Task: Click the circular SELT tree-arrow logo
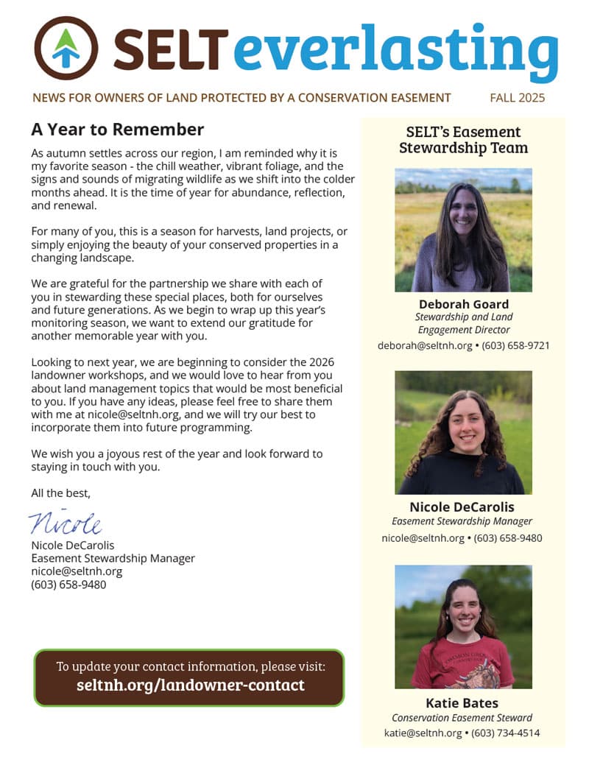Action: click(x=66, y=48)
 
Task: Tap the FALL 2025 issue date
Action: click(x=517, y=97)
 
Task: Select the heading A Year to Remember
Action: click(x=117, y=130)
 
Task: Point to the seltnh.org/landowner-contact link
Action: click(x=190, y=685)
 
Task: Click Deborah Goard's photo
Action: click(x=463, y=230)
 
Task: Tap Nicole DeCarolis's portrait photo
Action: click(x=463, y=432)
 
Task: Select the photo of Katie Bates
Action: click(x=463, y=627)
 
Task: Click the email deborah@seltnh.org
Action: click(x=425, y=345)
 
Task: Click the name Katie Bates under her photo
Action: click(x=462, y=702)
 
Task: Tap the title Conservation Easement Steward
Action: click(x=462, y=718)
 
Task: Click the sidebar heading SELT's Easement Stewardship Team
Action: click(x=463, y=139)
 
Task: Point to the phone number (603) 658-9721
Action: click(x=515, y=345)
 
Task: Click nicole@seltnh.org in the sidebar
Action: click(x=423, y=538)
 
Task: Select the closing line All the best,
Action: click(x=60, y=493)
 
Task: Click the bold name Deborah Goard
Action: click(x=463, y=304)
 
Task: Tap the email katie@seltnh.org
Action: click(x=423, y=733)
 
